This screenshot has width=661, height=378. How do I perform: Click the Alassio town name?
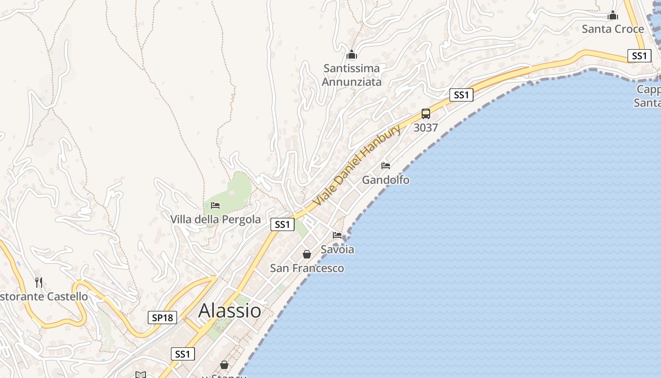(229, 310)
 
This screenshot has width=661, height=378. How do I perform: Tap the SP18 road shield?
(163, 318)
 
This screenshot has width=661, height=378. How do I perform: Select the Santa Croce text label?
(613, 29)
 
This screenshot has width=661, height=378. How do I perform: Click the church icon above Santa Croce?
(613, 16)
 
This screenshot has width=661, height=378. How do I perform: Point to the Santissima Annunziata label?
(351, 75)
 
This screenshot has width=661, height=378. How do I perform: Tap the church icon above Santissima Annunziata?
(351, 54)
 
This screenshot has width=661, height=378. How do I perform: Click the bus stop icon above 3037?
(426, 113)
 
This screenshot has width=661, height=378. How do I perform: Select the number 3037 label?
(426, 128)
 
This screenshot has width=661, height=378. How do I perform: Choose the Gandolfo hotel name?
(386, 180)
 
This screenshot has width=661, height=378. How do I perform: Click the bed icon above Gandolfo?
(386, 166)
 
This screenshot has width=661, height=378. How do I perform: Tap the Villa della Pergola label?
(215, 219)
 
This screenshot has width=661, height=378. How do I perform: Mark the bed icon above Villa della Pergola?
(215, 206)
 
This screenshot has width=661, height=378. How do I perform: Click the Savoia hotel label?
(337, 249)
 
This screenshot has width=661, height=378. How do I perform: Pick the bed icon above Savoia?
(337, 235)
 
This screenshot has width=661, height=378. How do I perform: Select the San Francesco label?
(307, 268)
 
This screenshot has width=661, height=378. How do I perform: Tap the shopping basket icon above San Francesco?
(307, 254)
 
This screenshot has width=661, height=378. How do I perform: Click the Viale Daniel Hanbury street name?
(357, 165)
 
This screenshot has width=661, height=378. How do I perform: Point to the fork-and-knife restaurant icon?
(39, 283)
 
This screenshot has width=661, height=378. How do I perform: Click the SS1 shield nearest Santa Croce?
(639, 56)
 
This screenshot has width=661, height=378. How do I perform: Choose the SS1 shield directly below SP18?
(183, 354)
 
